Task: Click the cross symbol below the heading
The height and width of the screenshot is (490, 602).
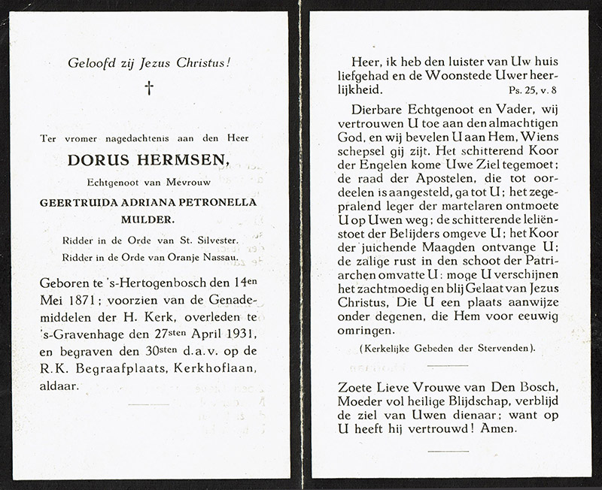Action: point(149,89)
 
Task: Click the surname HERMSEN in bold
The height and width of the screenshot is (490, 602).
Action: point(174,160)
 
